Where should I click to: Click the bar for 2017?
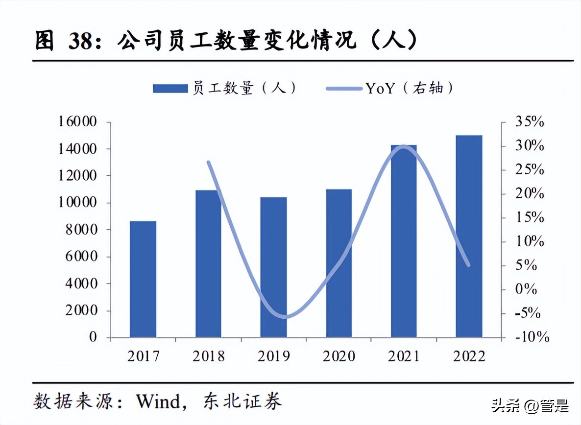point(143,279)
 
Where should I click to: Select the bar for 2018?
point(208,264)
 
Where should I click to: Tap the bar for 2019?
point(273,267)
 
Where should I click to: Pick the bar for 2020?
point(339,263)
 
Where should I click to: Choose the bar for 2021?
point(404,241)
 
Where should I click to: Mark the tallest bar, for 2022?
point(469,236)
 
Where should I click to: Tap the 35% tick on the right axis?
point(529,122)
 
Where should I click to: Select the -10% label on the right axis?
point(532,337)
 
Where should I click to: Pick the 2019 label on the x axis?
point(273,356)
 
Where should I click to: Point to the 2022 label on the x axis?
point(469,356)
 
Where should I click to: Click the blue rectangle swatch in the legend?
point(170,88)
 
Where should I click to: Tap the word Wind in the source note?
point(158,401)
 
